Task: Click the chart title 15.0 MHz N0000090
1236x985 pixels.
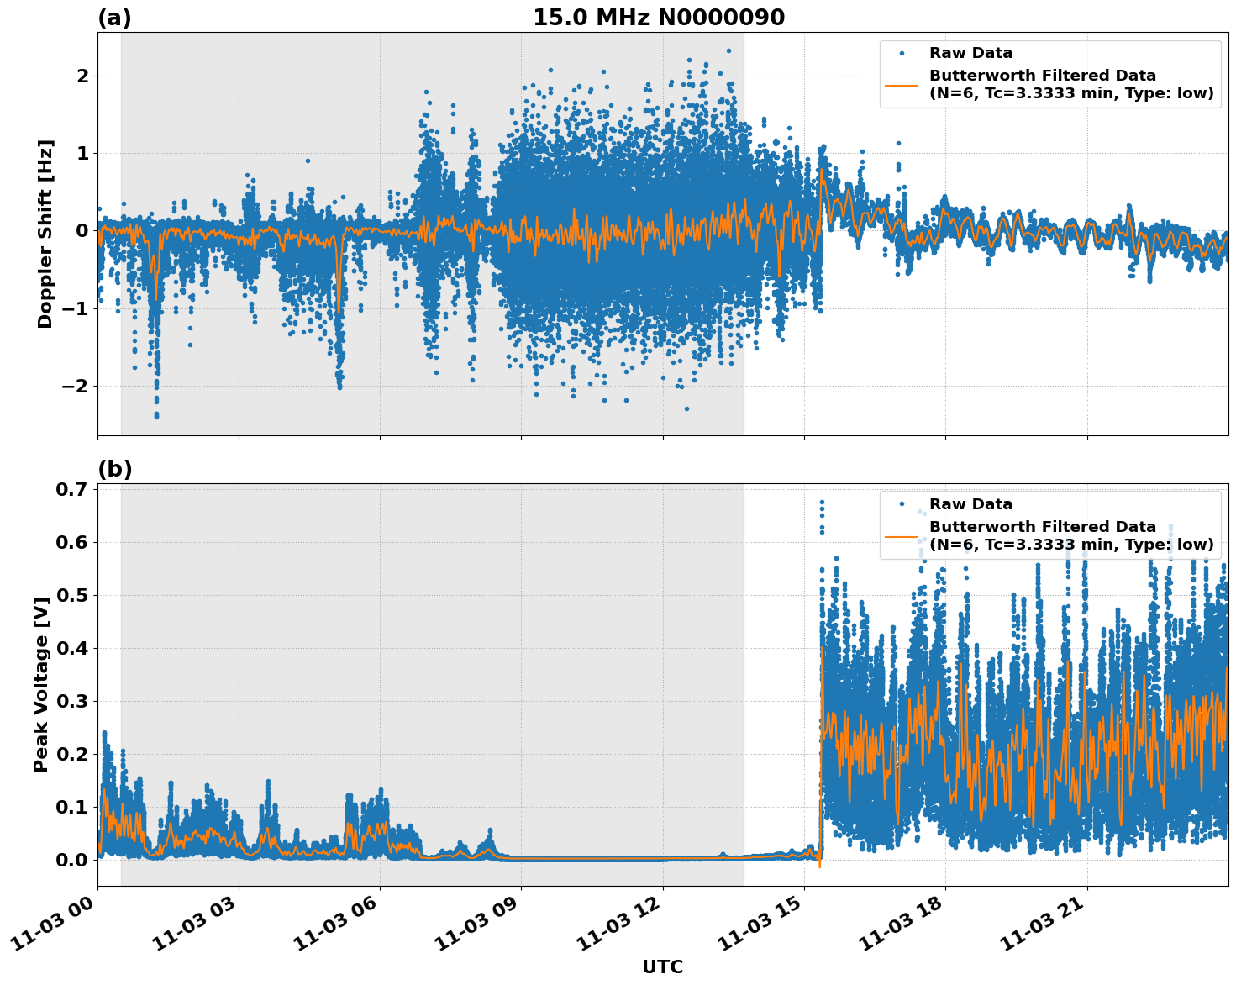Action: pos(658,18)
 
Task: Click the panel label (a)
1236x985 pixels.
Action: pos(114,18)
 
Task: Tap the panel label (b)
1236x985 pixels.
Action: pos(114,469)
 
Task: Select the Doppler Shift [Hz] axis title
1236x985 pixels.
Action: pos(45,234)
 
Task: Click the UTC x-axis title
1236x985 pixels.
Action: pos(662,967)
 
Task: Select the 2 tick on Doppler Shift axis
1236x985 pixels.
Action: pos(83,76)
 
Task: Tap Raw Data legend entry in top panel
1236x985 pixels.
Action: pos(970,53)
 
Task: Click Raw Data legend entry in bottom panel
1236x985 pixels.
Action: pos(970,504)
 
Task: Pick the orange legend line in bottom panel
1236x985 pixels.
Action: pos(902,535)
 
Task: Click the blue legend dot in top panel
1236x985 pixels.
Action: pos(902,53)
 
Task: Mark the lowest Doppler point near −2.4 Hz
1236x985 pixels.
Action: pos(156,415)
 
